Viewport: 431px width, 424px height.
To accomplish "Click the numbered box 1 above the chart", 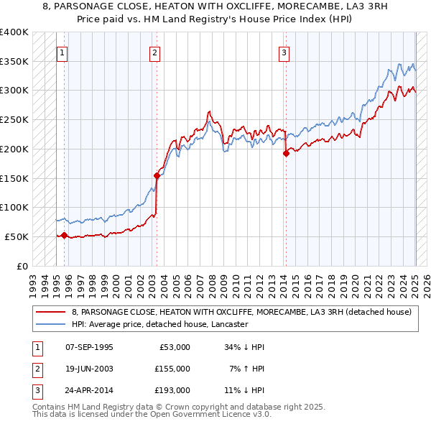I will (x=62, y=52).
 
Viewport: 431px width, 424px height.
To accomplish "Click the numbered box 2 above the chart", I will (x=155, y=52).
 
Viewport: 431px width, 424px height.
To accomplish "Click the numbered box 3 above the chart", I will (x=284, y=52).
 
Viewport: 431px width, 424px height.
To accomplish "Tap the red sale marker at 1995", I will (x=64, y=235).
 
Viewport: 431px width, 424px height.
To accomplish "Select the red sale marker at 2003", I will (x=157, y=175).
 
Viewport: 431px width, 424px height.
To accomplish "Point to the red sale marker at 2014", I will (x=285, y=152).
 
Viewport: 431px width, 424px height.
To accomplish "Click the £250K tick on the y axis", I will (x=14, y=119).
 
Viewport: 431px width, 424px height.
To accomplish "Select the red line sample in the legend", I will (x=50, y=312).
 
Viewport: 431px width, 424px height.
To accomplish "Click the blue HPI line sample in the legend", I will (x=50, y=325).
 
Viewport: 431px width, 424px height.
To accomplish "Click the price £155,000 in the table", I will (x=172, y=369).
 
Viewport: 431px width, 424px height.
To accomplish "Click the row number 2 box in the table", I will (x=36, y=369).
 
